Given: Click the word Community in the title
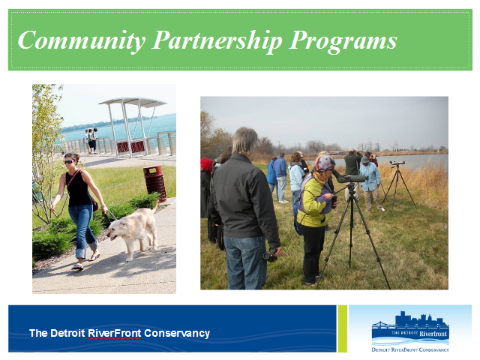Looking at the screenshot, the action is coord(82,40).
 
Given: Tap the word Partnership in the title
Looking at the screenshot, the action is coord(217,40).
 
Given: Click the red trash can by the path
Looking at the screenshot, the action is coord(155,183).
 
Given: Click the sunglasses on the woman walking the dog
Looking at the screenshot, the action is coord(69,162).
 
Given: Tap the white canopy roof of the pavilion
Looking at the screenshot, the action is coord(133,102).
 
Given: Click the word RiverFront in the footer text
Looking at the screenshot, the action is coord(115,333).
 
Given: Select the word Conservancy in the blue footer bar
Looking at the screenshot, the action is coord(177,333).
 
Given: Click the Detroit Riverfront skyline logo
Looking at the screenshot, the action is coord(410,331).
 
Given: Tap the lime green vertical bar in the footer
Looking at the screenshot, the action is coord(343,328).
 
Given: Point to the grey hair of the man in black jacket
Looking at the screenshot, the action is coord(245,140).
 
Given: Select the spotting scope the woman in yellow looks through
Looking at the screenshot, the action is coord(349,178).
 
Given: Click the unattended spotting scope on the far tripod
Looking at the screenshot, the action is coord(397,163).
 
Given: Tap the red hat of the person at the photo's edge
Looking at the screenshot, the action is coord(206,164).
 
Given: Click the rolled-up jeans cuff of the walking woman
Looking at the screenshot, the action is coord(81,253).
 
